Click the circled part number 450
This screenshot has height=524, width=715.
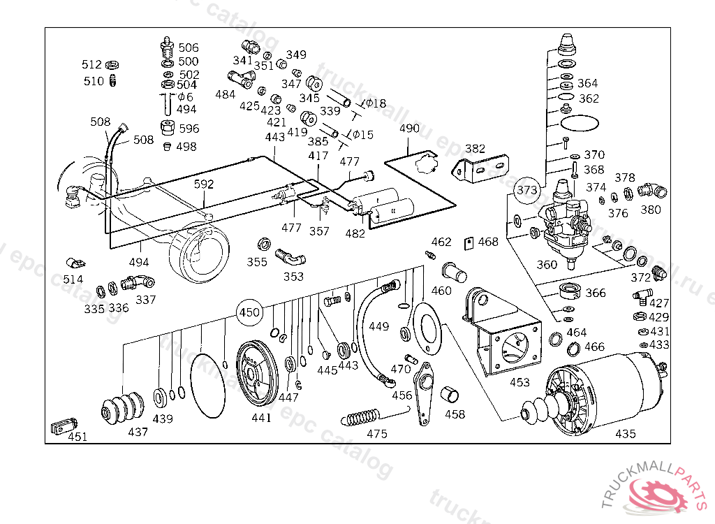pyautogui.click(x=249, y=312)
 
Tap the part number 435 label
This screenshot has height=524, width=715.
pyautogui.click(x=626, y=434)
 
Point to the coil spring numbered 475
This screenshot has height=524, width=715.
pyautogui.click(x=362, y=417)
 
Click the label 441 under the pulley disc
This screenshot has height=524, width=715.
pyautogui.click(x=261, y=418)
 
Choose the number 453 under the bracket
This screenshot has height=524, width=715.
pyautogui.click(x=519, y=382)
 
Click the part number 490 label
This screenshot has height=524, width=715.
pyautogui.click(x=410, y=129)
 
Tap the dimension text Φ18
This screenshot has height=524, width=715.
pyautogui.click(x=374, y=103)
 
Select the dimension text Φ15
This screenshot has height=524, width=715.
pyautogui.click(x=362, y=134)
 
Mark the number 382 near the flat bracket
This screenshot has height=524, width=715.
pyautogui.click(x=475, y=148)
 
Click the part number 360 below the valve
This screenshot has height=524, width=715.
pyautogui.click(x=547, y=265)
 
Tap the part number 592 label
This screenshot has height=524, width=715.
pyautogui.click(x=204, y=184)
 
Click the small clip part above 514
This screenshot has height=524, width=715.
pyautogui.click(x=75, y=263)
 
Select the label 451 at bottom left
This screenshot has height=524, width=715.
pyautogui.click(x=78, y=437)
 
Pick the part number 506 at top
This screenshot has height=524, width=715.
pyautogui.click(x=189, y=48)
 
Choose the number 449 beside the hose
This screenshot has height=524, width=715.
pyautogui.click(x=378, y=326)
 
